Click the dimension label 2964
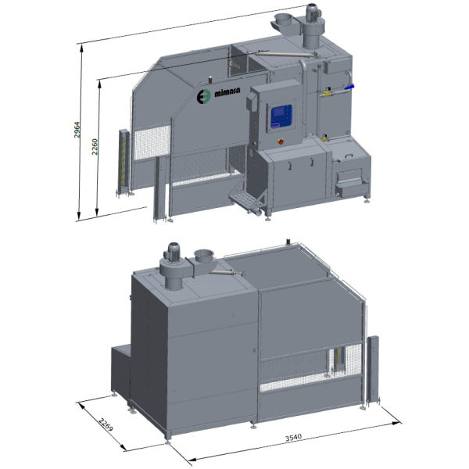pos(77,130)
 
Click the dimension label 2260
pos(95,147)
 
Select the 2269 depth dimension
pos(106,424)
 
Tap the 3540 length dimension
pos(293,438)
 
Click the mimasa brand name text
pos(227,92)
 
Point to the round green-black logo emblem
pos(203,96)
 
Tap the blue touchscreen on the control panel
pos(281,116)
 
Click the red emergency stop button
pos(281,141)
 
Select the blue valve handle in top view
pos(349,88)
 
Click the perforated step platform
pos(244,198)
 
